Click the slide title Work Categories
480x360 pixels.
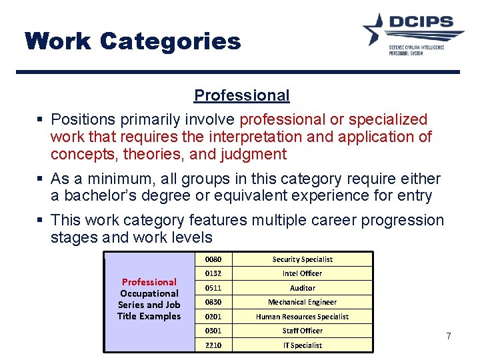(133, 41)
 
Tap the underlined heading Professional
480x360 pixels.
(241, 95)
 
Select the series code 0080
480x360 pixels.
(213, 259)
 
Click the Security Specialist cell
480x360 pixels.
(302, 259)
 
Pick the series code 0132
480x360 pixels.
(213, 273)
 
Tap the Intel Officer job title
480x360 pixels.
(302, 273)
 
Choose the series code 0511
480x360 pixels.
(213, 288)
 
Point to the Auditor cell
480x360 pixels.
(302, 288)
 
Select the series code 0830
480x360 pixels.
(213, 302)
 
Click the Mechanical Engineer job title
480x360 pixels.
(302, 302)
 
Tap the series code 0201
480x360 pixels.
(213, 317)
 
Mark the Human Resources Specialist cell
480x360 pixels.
(302, 317)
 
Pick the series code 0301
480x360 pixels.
(213, 331)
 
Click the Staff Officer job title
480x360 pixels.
(302, 331)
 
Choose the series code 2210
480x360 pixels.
(213, 345)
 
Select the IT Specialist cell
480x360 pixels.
(302, 345)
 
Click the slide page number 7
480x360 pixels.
(449, 336)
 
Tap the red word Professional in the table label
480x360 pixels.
(149, 282)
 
